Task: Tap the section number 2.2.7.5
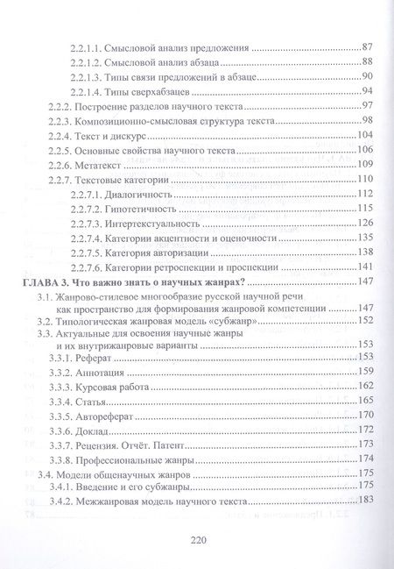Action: pos(90,252)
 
